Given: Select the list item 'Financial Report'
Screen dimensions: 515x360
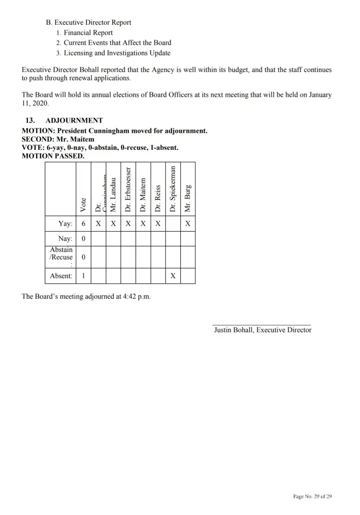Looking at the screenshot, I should pos(88,32).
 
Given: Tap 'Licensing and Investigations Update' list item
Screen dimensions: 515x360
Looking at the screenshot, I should pos(117,53).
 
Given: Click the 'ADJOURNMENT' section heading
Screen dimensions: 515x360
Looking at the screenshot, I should pos(78,121).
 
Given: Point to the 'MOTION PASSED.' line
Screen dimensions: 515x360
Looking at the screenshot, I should pos(54,156).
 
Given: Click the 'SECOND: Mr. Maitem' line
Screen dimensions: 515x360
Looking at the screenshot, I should pos(58,139).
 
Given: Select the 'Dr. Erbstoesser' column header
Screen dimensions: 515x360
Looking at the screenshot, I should pos(128,189).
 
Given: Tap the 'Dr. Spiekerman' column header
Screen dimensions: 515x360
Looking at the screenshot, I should pos(173,188).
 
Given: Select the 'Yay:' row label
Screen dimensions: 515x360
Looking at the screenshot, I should pos(65,224).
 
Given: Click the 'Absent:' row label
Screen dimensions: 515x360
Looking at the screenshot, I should pos(61,276).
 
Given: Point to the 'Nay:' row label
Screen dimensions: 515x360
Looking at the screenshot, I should pos(65,239).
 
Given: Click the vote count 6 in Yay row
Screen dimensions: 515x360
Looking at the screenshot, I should pos(83,224).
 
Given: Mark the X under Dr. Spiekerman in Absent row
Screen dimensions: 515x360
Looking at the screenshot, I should pos(173,276).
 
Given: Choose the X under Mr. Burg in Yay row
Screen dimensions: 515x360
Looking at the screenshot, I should pos(188,224).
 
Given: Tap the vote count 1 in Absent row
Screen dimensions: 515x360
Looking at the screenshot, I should pos(83,276).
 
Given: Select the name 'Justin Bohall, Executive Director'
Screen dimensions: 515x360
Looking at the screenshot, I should pos(263,330).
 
